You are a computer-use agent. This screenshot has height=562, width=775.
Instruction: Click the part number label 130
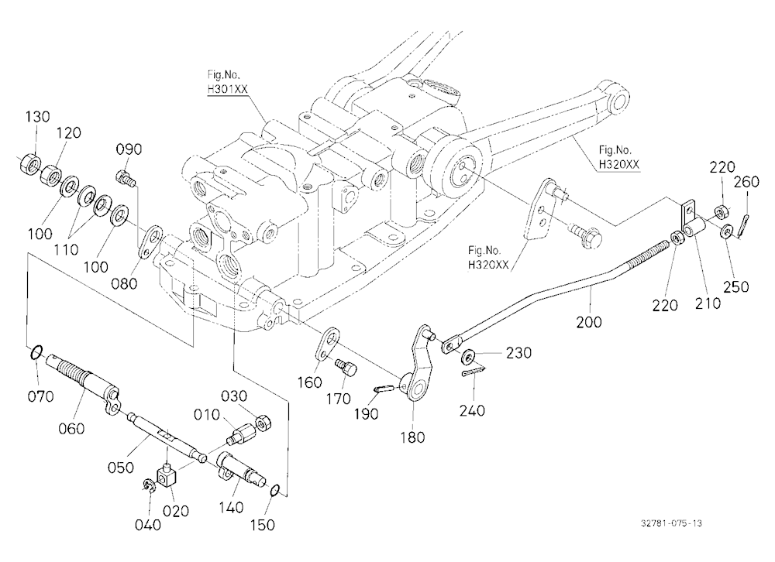[x=37, y=117]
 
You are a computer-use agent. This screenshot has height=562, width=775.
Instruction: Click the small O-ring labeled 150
[x=275, y=490]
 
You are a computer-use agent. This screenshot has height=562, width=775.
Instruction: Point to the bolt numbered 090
[x=126, y=178]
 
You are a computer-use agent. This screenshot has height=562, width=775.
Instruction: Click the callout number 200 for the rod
[x=589, y=322]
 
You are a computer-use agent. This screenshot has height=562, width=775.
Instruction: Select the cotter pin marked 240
[x=474, y=371]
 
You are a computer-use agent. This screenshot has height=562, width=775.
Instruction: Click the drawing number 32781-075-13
[x=671, y=523]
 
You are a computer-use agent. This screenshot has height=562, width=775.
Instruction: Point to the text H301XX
[x=227, y=89]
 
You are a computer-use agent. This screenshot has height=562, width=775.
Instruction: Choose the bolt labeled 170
[x=346, y=368]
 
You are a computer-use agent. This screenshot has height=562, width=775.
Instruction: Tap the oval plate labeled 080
[x=151, y=242]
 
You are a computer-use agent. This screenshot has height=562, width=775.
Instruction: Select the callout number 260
[x=746, y=182]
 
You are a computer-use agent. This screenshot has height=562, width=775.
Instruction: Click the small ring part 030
[x=263, y=423]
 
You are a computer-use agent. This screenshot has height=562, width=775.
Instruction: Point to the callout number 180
[x=412, y=437]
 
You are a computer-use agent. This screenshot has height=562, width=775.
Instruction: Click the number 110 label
[x=66, y=249]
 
